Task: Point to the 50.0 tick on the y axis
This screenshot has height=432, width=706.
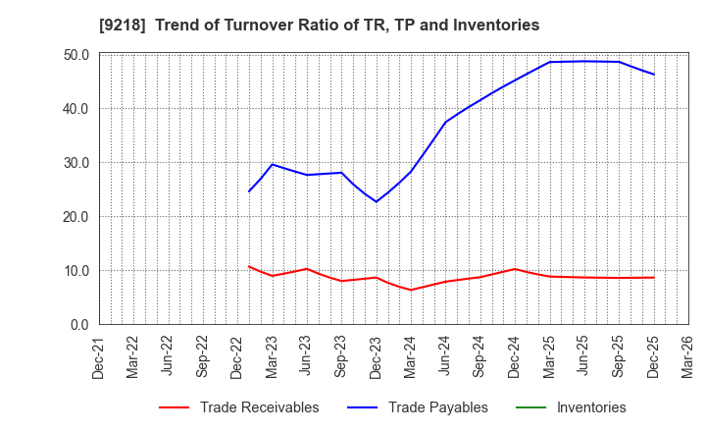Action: [x=76, y=55]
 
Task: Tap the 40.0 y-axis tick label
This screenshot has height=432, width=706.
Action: [x=76, y=109]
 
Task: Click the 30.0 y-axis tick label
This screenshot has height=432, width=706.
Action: [x=76, y=163]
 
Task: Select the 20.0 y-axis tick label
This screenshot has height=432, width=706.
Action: [x=76, y=217]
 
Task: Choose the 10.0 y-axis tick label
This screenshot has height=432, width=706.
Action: [x=76, y=271]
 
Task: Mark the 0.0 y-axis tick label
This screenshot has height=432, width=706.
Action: [x=79, y=325]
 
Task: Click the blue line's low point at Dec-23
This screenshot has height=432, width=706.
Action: [x=376, y=201]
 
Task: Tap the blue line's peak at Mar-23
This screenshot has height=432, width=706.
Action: [x=273, y=164]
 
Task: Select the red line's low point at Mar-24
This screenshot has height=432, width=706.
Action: [x=411, y=290]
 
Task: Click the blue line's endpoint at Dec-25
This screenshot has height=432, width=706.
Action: [x=654, y=75]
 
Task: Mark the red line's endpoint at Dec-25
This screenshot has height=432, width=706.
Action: [x=654, y=277]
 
